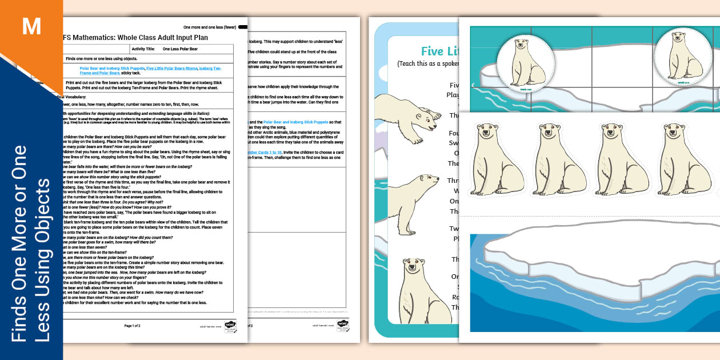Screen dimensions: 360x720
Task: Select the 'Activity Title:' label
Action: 143,49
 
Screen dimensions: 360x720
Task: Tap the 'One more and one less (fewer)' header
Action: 209,27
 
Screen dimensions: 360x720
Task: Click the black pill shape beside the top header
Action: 242,27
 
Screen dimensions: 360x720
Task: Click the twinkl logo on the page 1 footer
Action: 230,326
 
